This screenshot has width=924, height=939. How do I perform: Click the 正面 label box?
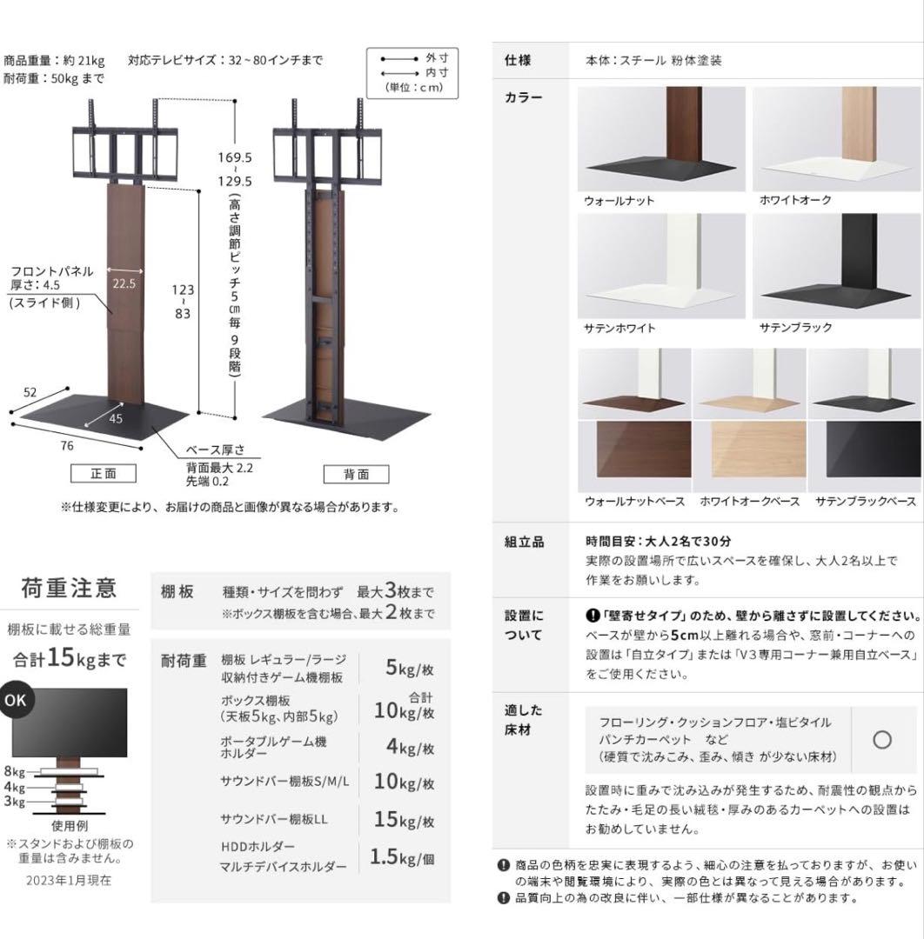pyautogui.click(x=104, y=474)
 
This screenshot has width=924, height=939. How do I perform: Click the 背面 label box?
pyautogui.click(x=356, y=474)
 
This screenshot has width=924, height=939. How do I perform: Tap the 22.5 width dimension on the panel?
pyautogui.click(x=123, y=283)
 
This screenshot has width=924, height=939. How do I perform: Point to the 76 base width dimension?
pyautogui.click(x=67, y=446)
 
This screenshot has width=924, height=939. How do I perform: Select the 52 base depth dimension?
pyautogui.click(x=30, y=392)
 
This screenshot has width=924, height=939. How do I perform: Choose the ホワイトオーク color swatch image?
pyautogui.click(x=834, y=139)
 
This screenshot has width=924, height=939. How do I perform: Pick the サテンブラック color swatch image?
pyautogui.click(x=834, y=266)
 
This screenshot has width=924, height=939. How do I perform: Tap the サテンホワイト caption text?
pyautogui.click(x=619, y=329)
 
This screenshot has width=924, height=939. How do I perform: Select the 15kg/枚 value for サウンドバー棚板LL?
pyautogui.click(x=403, y=819)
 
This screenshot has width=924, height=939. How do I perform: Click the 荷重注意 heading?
pyautogui.click(x=69, y=589)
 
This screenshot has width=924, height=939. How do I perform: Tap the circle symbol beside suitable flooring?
pyautogui.click(x=881, y=740)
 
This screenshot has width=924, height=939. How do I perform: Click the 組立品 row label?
pyautogui.click(x=524, y=542)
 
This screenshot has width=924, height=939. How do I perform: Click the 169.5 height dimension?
pyautogui.click(x=235, y=158)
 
